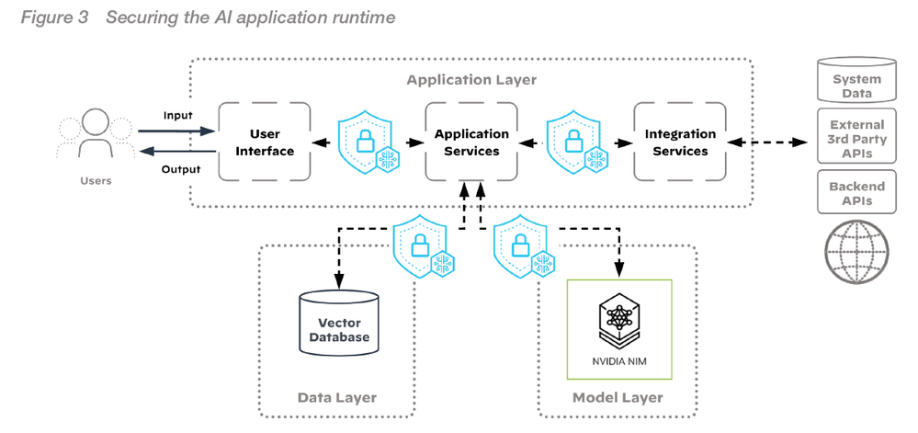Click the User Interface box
click(264, 142)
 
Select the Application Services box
click(470, 142)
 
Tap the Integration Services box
click(680, 142)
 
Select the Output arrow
click(176, 153)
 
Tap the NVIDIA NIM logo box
click(619, 329)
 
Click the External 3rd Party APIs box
click(856, 134)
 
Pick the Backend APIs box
click(856, 192)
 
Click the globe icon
click(856, 251)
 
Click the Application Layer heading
click(471, 80)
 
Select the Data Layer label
click(336, 398)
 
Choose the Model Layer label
click(618, 398)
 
